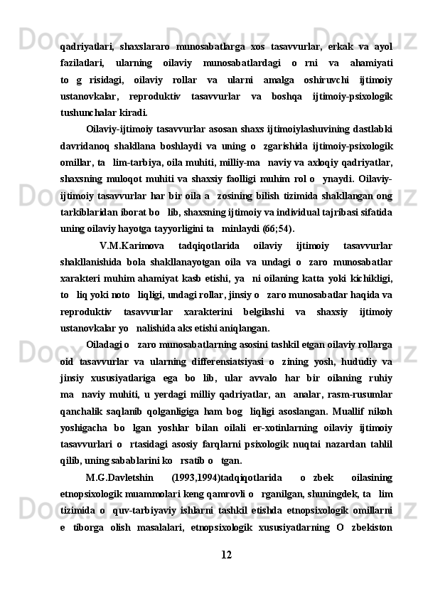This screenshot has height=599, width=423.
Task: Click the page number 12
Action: click(x=225, y=573)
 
